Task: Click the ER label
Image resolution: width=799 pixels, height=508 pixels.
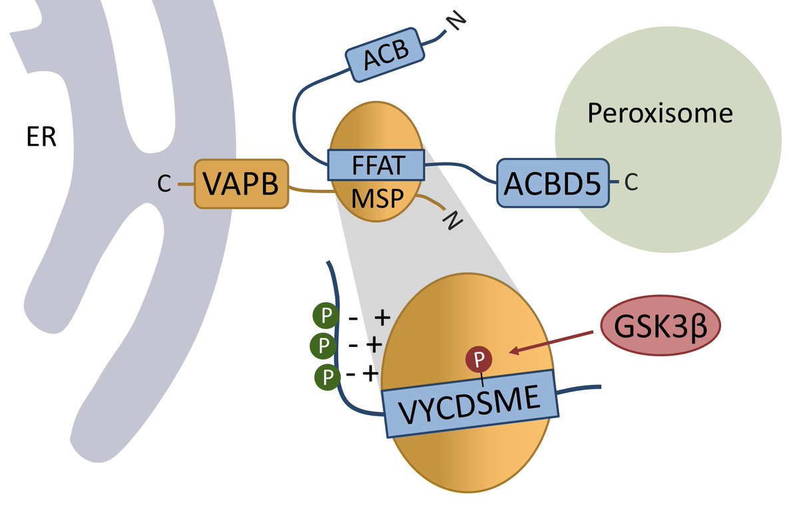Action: point(41,139)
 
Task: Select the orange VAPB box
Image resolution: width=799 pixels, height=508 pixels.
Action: point(241,184)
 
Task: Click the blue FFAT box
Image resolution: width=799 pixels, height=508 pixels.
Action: point(376,165)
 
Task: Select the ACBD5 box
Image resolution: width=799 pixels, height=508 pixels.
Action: point(552,182)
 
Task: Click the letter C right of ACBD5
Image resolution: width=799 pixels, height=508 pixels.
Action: point(631,182)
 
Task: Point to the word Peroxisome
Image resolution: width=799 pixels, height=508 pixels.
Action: point(659,113)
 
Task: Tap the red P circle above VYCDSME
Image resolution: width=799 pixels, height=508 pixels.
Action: point(482,360)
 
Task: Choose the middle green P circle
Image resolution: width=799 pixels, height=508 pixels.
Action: point(322,345)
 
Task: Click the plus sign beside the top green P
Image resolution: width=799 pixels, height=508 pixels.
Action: point(382,317)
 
